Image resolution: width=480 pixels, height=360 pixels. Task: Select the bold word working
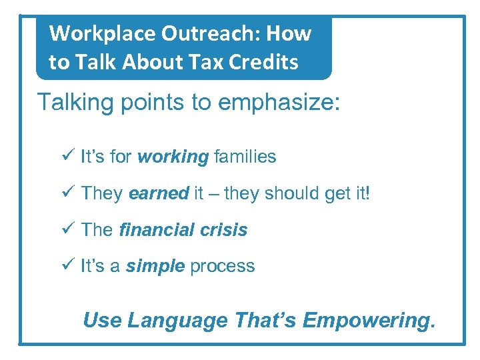pos(173,157)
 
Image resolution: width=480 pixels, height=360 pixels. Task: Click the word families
pos(245,157)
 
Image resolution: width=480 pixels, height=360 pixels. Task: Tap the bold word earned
pos(159,194)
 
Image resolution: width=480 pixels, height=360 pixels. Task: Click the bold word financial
pos(154,230)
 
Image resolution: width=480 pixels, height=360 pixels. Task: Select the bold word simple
pos(155,266)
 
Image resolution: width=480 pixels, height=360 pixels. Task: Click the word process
pos(222,266)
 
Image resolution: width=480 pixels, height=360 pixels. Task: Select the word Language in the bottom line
pos(177,321)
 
